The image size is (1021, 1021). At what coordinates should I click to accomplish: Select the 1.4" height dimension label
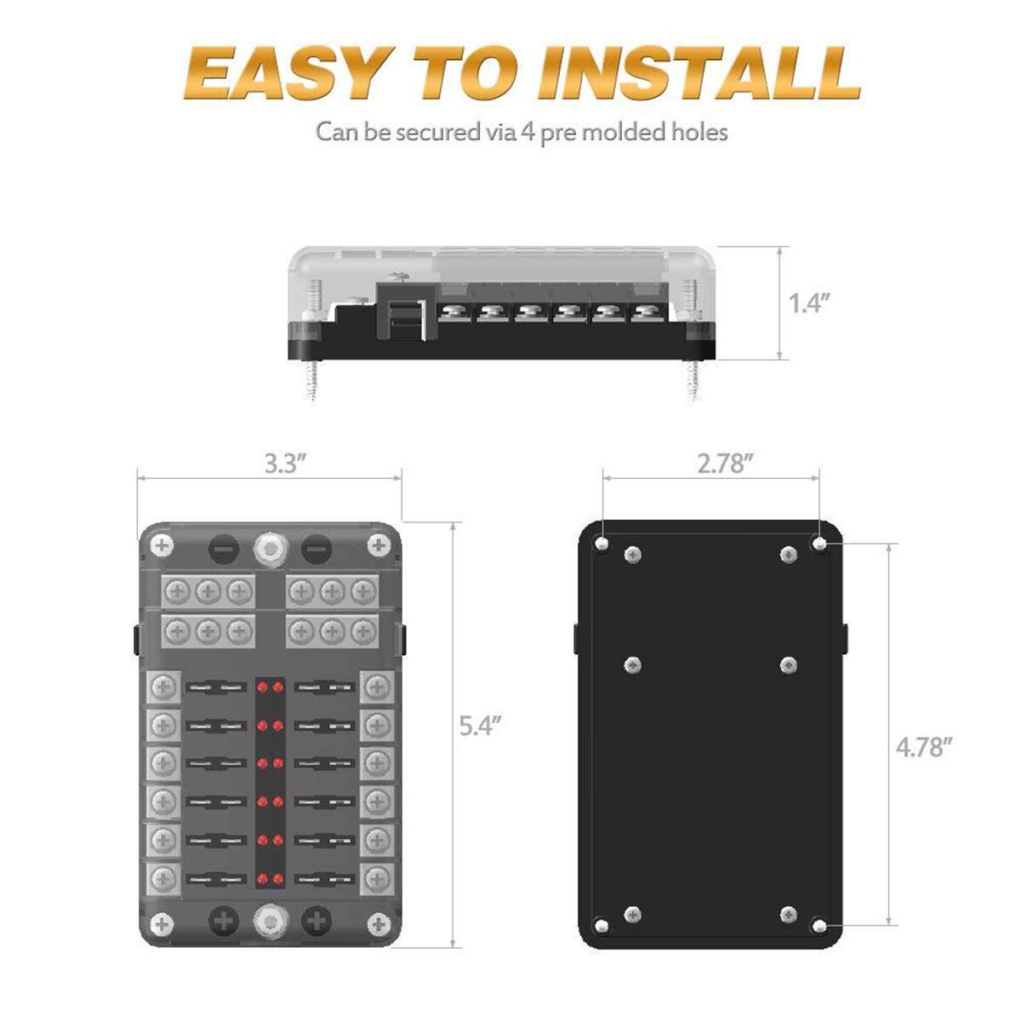pyautogui.click(x=809, y=303)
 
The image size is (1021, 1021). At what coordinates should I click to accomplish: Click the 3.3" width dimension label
pyautogui.click(x=284, y=465)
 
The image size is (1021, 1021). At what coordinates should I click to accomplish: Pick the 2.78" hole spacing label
pyautogui.click(x=725, y=464)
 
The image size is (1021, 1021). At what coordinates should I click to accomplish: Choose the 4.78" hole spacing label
pyautogui.click(x=923, y=748)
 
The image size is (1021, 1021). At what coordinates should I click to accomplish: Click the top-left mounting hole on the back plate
pyautogui.click(x=602, y=543)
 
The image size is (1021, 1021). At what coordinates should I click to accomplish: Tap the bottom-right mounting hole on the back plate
pyautogui.click(x=819, y=925)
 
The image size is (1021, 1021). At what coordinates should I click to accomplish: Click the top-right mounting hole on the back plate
pyautogui.click(x=819, y=543)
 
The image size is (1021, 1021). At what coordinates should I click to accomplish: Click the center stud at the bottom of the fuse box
pyautogui.click(x=270, y=920)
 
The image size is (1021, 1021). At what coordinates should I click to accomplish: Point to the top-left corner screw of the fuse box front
pyautogui.click(x=161, y=545)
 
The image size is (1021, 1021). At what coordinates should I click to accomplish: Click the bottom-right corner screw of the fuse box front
pyautogui.click(x=378, y=923)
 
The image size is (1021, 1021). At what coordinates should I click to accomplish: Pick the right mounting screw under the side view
pyautogui.click(x=693, y=378)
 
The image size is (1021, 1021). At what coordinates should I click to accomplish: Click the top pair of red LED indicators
pyautogui.click(x=270, y=686)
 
